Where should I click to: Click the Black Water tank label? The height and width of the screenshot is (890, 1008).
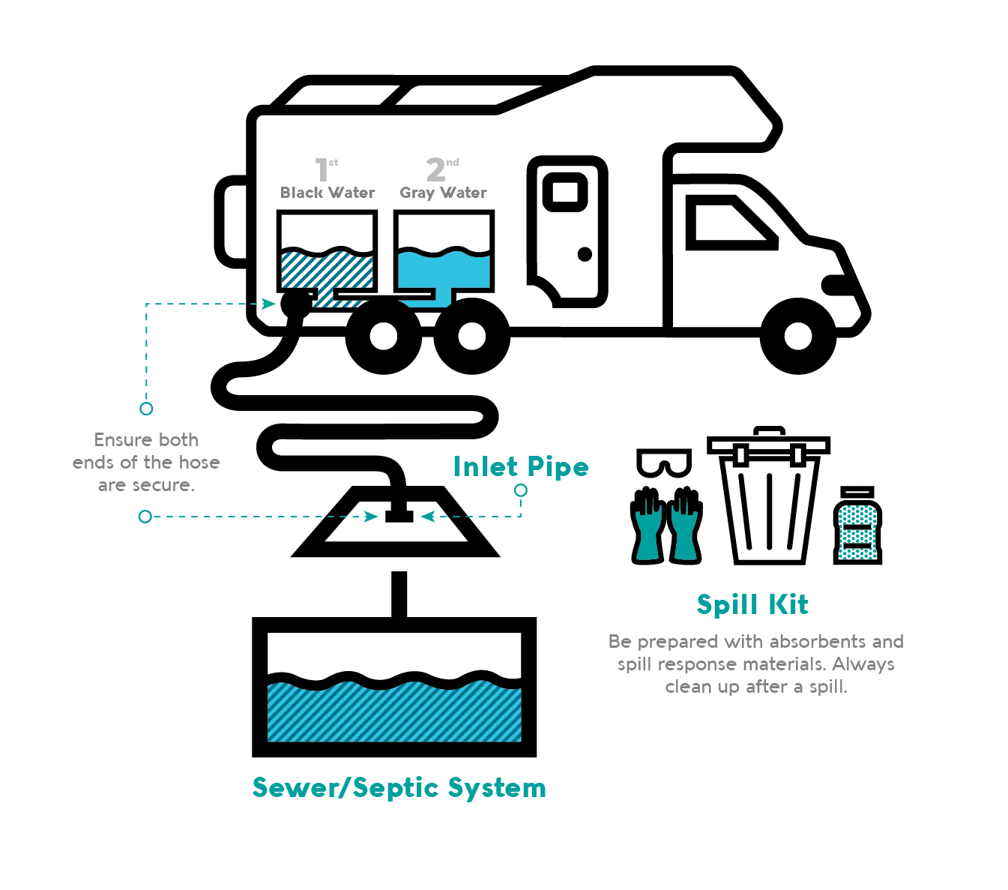(x=327, y=193)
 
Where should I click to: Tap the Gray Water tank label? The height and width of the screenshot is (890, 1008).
(x=443, y=193)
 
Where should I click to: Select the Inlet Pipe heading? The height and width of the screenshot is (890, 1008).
(x=521, y=467)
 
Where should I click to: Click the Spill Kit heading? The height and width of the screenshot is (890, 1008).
(x=752, y=604)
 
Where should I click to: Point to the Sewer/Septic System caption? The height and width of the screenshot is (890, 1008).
(x=399, y=788)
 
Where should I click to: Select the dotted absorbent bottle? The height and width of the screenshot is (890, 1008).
(x=857, y=526)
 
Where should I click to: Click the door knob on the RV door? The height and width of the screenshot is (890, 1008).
(x=585, y=254)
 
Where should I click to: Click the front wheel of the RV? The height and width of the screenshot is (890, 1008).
(x=797, y=337)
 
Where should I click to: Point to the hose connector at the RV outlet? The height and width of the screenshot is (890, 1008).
(x=295, y=304)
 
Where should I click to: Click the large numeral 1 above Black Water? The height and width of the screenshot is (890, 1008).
(x=322, y=170)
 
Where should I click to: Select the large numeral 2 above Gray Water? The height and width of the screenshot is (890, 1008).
(x=435, y=170)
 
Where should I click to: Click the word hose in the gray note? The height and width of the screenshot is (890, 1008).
(x=199, y=463)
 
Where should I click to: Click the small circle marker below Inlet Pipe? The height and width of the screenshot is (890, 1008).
(x=521, y=490)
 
